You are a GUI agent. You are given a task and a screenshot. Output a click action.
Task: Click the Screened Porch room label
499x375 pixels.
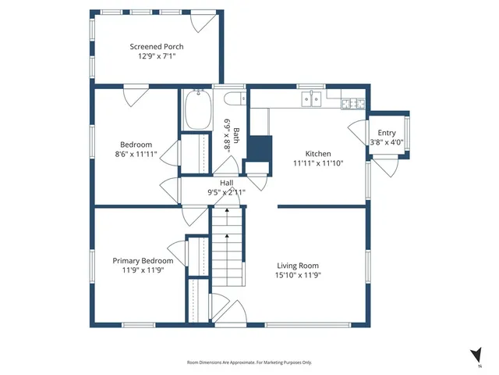click(157, 47)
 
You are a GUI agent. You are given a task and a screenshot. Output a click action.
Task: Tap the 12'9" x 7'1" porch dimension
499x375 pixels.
click(157, 57)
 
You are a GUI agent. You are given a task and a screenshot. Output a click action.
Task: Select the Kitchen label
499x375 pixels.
click(317, 154)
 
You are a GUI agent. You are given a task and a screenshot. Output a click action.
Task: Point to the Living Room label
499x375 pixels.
click(298, 266)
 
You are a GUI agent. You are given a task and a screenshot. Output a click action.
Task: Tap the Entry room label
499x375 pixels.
click(386, 133)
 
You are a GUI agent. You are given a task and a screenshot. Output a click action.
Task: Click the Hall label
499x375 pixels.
click(226, 183)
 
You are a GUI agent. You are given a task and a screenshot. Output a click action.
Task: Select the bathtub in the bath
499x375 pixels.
click(197, 110)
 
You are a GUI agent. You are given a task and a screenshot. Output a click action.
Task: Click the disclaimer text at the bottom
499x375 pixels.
click(249, 362)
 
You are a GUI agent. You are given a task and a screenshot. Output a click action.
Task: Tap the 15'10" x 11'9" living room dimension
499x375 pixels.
click(298, 275)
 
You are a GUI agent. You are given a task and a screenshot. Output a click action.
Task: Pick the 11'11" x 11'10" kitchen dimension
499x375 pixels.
click(317, 163)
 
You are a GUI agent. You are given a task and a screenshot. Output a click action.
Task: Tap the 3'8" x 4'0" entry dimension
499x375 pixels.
click(386, 142)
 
